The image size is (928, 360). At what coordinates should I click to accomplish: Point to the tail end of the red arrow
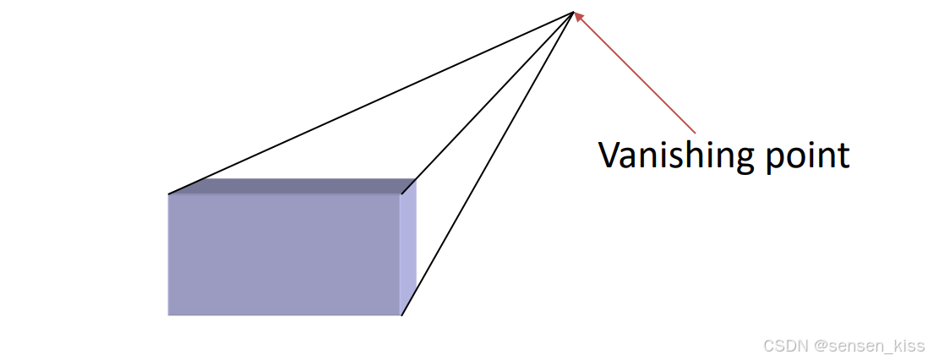pyautogui.click(x=695, y=132)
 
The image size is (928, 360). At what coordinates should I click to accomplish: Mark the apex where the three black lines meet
pyautogui.click(x=573, y=12)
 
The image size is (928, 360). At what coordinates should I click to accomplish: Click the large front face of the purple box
pyautogui.click(x=283, y=254)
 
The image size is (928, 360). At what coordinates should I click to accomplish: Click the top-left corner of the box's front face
pyautogui.click(x=169, y=194)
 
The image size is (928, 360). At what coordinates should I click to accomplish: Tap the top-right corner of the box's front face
pyautogui.click(x=401, y=194)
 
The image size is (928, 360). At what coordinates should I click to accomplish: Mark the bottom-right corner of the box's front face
pyautogui.click(x=401, y=315)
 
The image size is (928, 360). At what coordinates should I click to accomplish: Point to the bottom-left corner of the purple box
pyautogui.click(x=169, y=314)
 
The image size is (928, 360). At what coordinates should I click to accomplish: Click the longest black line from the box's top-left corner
pyautogui.click(x=372, y=103)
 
